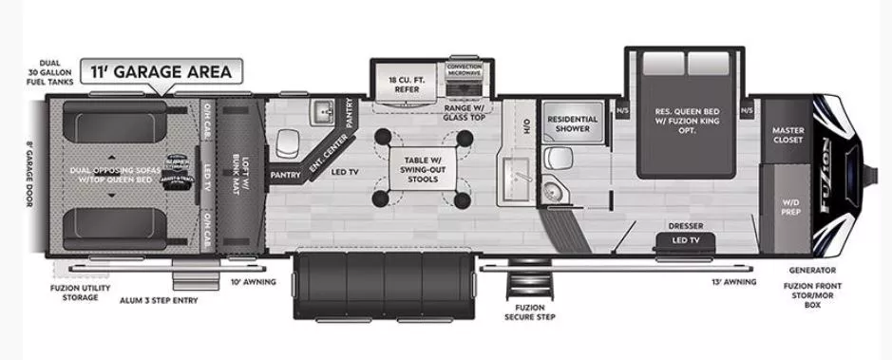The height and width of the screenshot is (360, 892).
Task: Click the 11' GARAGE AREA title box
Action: (161, 70)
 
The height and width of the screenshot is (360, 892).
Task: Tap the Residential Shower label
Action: (573, 124)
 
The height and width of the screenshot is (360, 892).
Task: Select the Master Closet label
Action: (788, 135)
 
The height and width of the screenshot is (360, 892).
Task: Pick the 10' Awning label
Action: (254, 282)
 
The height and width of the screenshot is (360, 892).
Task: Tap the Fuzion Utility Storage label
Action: (74, 293)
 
